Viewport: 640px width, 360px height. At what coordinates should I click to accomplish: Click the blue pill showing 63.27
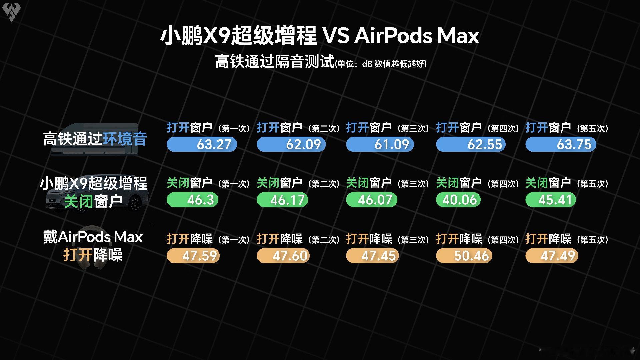click(x=202, y=145)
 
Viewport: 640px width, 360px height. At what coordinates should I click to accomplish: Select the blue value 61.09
click(x=380, y=145)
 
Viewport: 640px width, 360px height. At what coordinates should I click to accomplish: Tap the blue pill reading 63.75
click(x=561, y=145)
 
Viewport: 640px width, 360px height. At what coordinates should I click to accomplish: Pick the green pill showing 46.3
click(x=192, y=200)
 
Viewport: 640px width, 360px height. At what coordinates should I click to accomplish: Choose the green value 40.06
click(x=458, y=200)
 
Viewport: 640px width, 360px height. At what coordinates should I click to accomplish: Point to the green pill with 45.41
click(x=551, y=200)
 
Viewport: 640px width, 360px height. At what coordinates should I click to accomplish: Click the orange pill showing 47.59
click(x=193, y=256)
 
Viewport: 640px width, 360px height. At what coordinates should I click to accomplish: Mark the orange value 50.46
click(x=464, y=256)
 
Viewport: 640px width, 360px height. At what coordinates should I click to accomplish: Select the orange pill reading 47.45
click(x=372, y=256)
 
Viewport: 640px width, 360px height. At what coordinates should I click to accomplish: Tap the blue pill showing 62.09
click(x=291, y=145)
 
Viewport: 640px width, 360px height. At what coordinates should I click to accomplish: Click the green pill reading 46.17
click(x=282, y=200)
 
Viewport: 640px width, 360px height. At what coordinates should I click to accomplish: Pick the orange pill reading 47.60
click(x=283, y=256)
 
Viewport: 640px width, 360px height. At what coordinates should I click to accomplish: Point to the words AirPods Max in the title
click(x=417, y=36)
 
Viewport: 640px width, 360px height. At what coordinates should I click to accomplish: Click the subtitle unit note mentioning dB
click(x=381, y=63)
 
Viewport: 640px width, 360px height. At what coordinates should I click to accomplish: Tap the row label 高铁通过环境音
click(x=95, y=139)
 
